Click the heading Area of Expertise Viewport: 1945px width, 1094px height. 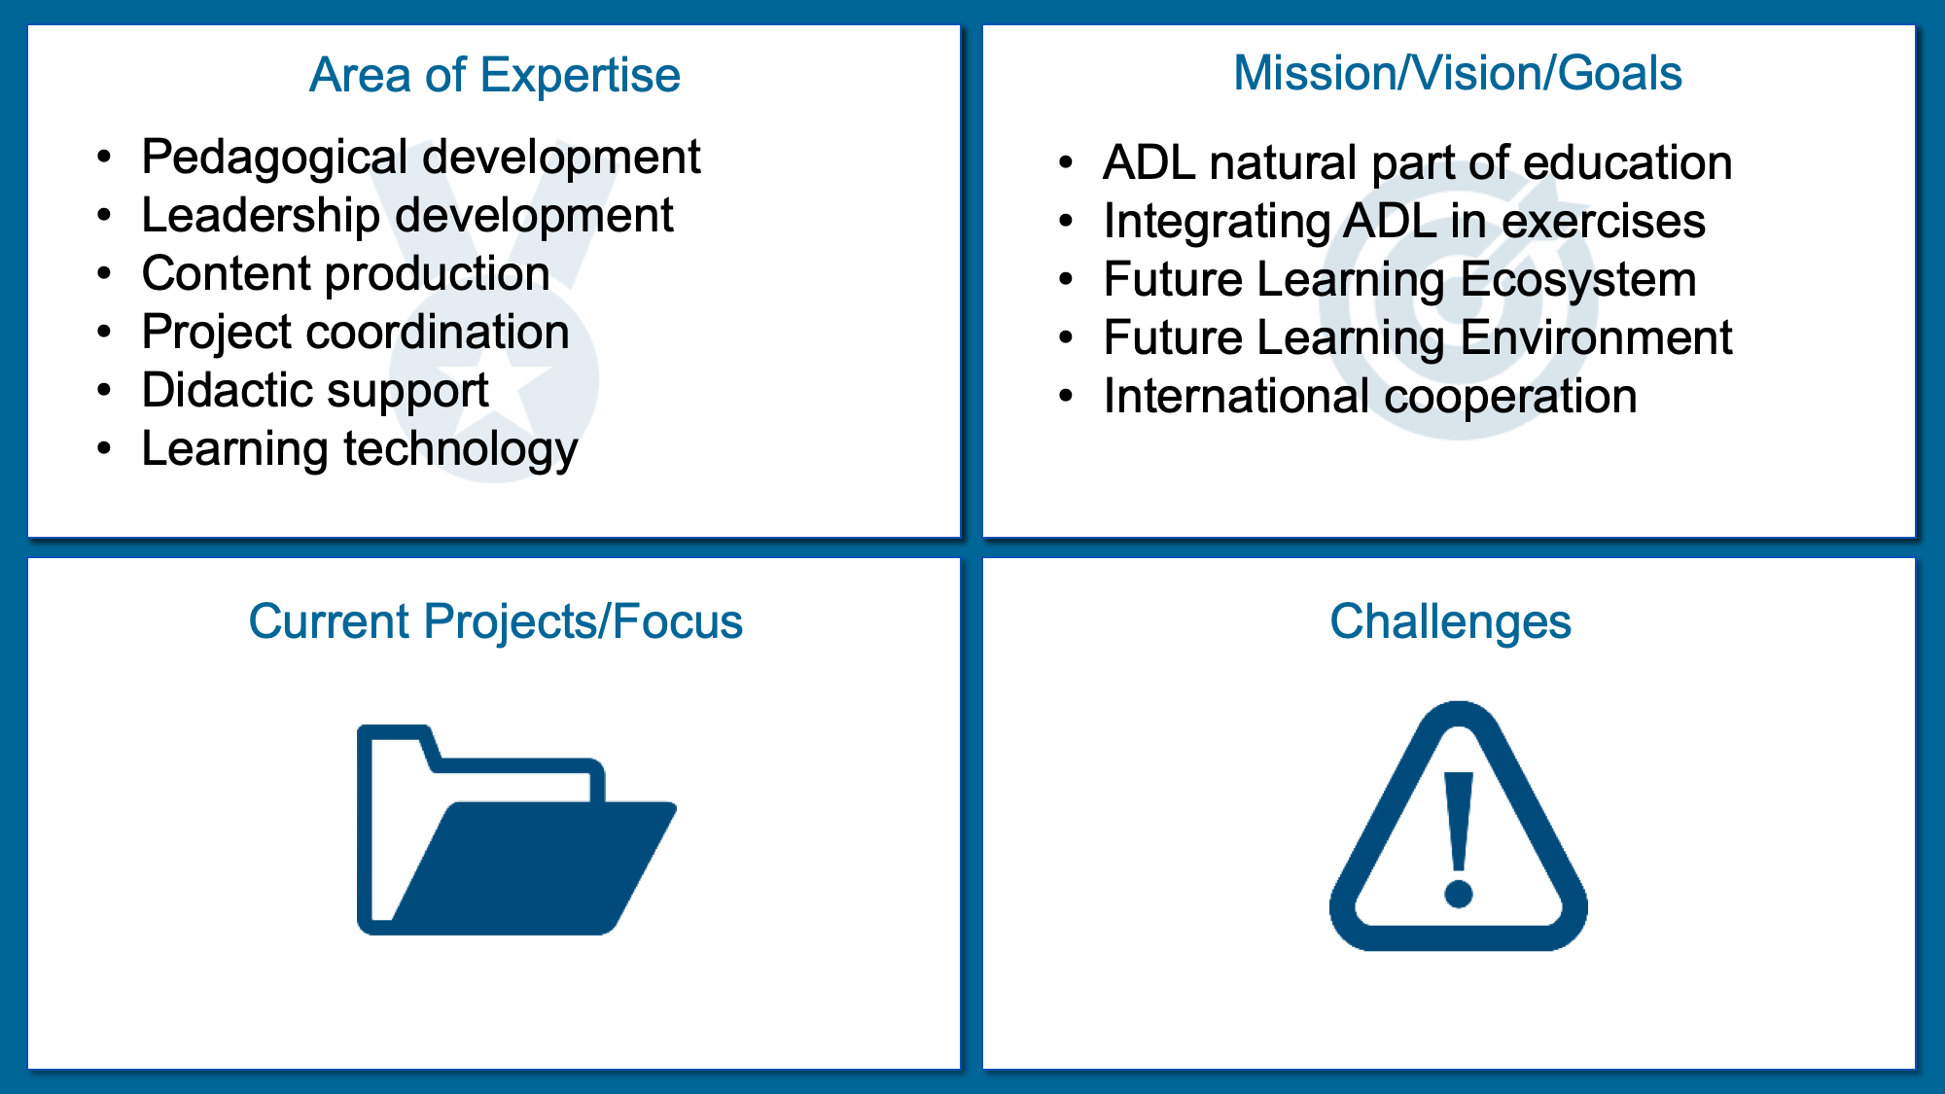click(x=495, y=75)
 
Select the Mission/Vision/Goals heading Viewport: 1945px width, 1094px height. click(x=1458, y=73)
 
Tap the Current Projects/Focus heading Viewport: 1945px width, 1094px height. click(x=495, y=621)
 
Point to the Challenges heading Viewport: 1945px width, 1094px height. click(x=1450, y=621)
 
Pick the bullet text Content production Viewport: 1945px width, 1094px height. click(x=346, y=274)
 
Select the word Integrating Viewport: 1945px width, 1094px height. click(x=1217, y=223)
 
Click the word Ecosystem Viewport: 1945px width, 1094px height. click(x=1578, y=280)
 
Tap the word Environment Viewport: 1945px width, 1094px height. click(x=1597, y=338)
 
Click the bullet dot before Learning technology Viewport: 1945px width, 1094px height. click(x=104, y=449)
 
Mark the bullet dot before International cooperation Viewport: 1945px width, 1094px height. click(x=1066, y=397)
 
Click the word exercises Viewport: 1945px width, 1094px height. click(x=1604, y=222)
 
